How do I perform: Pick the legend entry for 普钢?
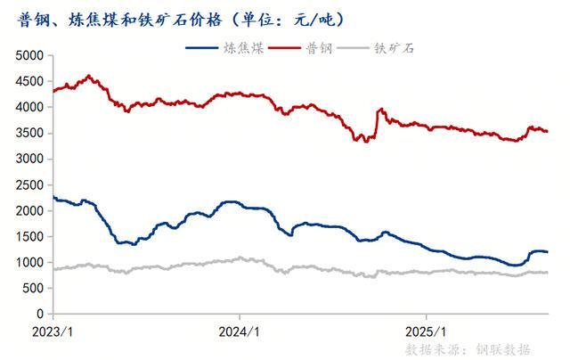[x=313, y=45]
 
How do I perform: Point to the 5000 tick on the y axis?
[x=29, y=55]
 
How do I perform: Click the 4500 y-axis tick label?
[x=29, y=81]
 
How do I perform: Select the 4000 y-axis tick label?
[x=29, y=107]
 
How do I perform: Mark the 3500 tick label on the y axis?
[x=29, y=133]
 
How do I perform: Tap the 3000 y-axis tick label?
[x=29, y=159]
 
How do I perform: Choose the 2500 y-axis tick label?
[x=29, y=184]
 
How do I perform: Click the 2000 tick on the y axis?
[x=29, y=211]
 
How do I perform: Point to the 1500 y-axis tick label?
[x=29, y=237]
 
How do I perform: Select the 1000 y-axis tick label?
[x=29, y=263]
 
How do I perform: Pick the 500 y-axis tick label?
[x=33, y=289]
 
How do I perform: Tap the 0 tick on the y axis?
[x=39, y=315]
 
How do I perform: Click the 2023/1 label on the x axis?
[x=53, y=330]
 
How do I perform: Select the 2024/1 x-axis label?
[x=240, y=330]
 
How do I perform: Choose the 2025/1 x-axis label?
[x=426, y=330]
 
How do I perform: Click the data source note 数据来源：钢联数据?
[x=468, y=348]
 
